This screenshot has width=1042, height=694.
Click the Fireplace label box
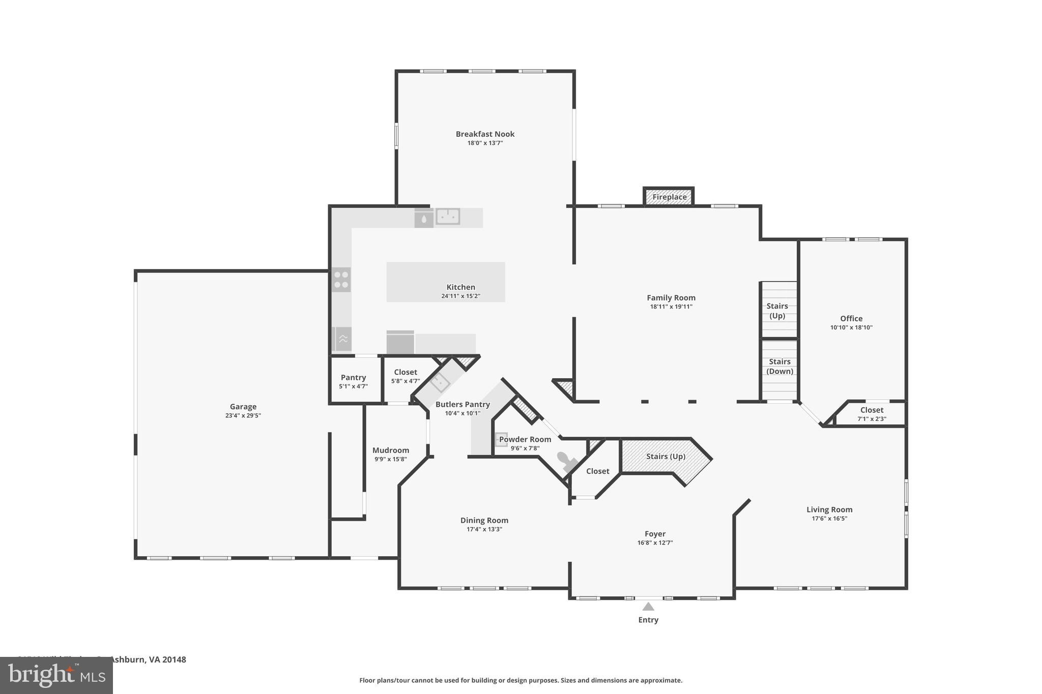pyautogui.click(x=669, y=197)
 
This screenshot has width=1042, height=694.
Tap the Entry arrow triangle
pyautogui.click(x=648, y=607)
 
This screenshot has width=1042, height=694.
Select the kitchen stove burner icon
pyautogui.click(x=341, y=280)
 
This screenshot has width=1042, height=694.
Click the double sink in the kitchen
pyautogui.click(x=448, y=217)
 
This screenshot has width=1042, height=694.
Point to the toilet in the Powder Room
pyautogui.click(x=566, y=461)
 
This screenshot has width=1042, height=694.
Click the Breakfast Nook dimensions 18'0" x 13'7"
pyautogui.click(x=485, y=143)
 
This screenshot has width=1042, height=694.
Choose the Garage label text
pyautogui.click(x=243, y=407)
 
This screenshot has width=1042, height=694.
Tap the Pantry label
pyautogui.click(x=353, y=378)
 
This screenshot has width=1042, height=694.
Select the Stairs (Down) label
pyautogui.click(x=779, y=366)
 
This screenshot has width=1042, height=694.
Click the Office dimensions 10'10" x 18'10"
pyautogui.click(x=851, y=327)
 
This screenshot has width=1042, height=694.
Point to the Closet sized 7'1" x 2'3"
pyautogui.click(x=872, y=414)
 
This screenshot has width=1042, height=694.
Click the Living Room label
pyautogui.click(x=829, y=510)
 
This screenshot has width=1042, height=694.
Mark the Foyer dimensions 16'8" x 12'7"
pyautogui.click(x=655, y=543)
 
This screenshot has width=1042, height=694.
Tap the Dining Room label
pyautogui.click(x=484, y=521)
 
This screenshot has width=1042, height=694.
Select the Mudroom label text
pyautogui.click(x=390, y=450)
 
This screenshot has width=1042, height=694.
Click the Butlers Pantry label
pyautogui.click(x=462, y=405)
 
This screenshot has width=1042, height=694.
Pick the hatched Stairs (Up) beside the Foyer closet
pyautogui.click(x=665, y=457)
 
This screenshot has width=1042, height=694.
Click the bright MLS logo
pyautogui.click(x=56, y=675)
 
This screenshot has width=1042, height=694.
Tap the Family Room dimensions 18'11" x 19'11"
pyautogui.click(x=671, y=307)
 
